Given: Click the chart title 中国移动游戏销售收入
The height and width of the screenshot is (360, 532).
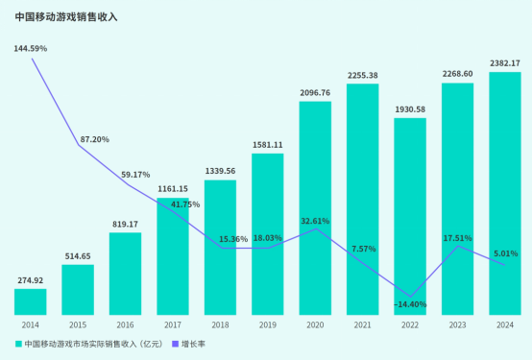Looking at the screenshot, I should (x=66, y=16).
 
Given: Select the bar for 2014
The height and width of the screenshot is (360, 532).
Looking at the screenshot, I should (x=30, y=302).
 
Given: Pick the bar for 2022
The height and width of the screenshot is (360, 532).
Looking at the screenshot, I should (x=410, y=216).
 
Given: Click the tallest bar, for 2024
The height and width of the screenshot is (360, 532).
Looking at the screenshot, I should (x=505, y=192).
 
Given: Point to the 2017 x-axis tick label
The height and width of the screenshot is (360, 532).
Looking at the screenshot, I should (x=173, y=324).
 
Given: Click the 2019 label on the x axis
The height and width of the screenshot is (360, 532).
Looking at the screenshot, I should (x=268, y=324).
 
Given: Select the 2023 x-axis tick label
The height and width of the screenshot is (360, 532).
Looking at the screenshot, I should (x=457, y=324).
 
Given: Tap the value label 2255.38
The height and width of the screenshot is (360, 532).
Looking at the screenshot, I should (x=363, y=75).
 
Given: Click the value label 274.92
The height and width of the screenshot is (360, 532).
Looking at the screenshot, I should (x=31, y=280).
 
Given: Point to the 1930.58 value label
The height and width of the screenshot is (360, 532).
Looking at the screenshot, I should (x=410, y=109).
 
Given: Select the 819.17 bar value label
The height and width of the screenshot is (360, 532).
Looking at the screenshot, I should (x=125, y=224).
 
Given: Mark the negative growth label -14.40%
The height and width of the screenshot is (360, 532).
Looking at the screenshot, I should (x=410, y=304).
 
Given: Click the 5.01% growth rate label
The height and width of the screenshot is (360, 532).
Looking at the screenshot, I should (x=505, y=253).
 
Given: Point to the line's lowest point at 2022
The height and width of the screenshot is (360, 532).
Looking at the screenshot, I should (x=410, y=297).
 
